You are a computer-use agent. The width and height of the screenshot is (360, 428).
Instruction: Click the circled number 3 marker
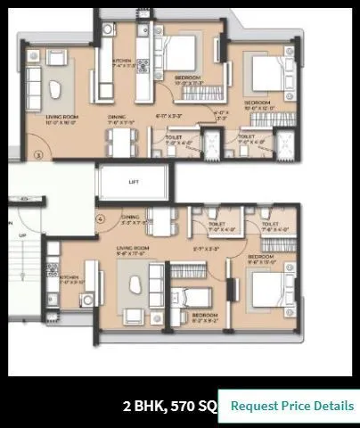37,155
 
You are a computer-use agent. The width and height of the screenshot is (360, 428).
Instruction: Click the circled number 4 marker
101,218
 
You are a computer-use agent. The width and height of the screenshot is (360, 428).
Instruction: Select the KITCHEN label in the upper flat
122,62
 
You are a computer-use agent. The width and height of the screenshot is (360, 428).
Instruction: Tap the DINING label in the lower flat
131,217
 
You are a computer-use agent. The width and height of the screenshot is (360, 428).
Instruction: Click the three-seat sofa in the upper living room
31,86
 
